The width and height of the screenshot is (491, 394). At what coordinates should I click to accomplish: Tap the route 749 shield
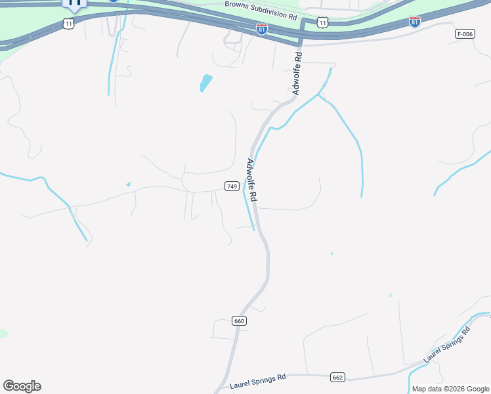tap(231, 186)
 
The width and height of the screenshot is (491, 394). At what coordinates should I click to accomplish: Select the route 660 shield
tap(239, 321)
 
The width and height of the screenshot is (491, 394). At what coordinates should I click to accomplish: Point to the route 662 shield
tap(337, 378)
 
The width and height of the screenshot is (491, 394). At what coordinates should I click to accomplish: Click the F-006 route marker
tap(464, 33)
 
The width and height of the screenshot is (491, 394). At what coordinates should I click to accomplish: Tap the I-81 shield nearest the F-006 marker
tap(414, 22)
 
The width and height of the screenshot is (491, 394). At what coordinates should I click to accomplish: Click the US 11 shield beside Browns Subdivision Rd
tap(322, 23)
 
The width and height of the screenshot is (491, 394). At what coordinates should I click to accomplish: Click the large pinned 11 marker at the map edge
tap(74, 3)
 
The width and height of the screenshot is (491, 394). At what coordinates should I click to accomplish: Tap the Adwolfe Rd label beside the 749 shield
tap(251, 179)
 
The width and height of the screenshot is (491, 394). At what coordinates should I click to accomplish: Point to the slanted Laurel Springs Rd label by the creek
tap(448, 345)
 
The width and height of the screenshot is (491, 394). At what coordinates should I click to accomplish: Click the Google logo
tap(22, 386)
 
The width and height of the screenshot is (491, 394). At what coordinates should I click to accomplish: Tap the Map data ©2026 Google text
tap(450, 389)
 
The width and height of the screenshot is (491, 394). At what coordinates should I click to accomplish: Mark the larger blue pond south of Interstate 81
tap(206, 83)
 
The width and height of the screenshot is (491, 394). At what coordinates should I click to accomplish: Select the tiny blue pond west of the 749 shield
tap(128, 184)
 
